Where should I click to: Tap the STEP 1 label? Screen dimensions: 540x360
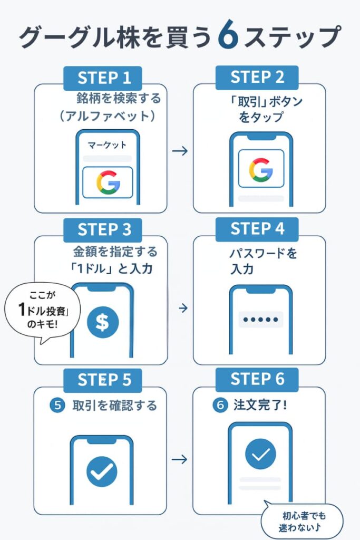click(x=104, y=78)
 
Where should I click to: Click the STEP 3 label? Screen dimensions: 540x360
click(x=104, y=229)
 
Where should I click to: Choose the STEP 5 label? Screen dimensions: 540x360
click(x=104, y=380)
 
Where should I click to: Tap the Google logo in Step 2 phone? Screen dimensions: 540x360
click(x=260, y=169)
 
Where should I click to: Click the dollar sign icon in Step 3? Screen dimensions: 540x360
click(x=102, y=322)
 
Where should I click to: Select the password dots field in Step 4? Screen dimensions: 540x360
click(x=260, y=320)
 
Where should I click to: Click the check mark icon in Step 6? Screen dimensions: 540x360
click(x=260, y=454)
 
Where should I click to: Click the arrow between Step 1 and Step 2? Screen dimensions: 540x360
click(x=180, y=151)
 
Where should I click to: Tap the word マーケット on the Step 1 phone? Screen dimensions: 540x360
click(x=107, y=144)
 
